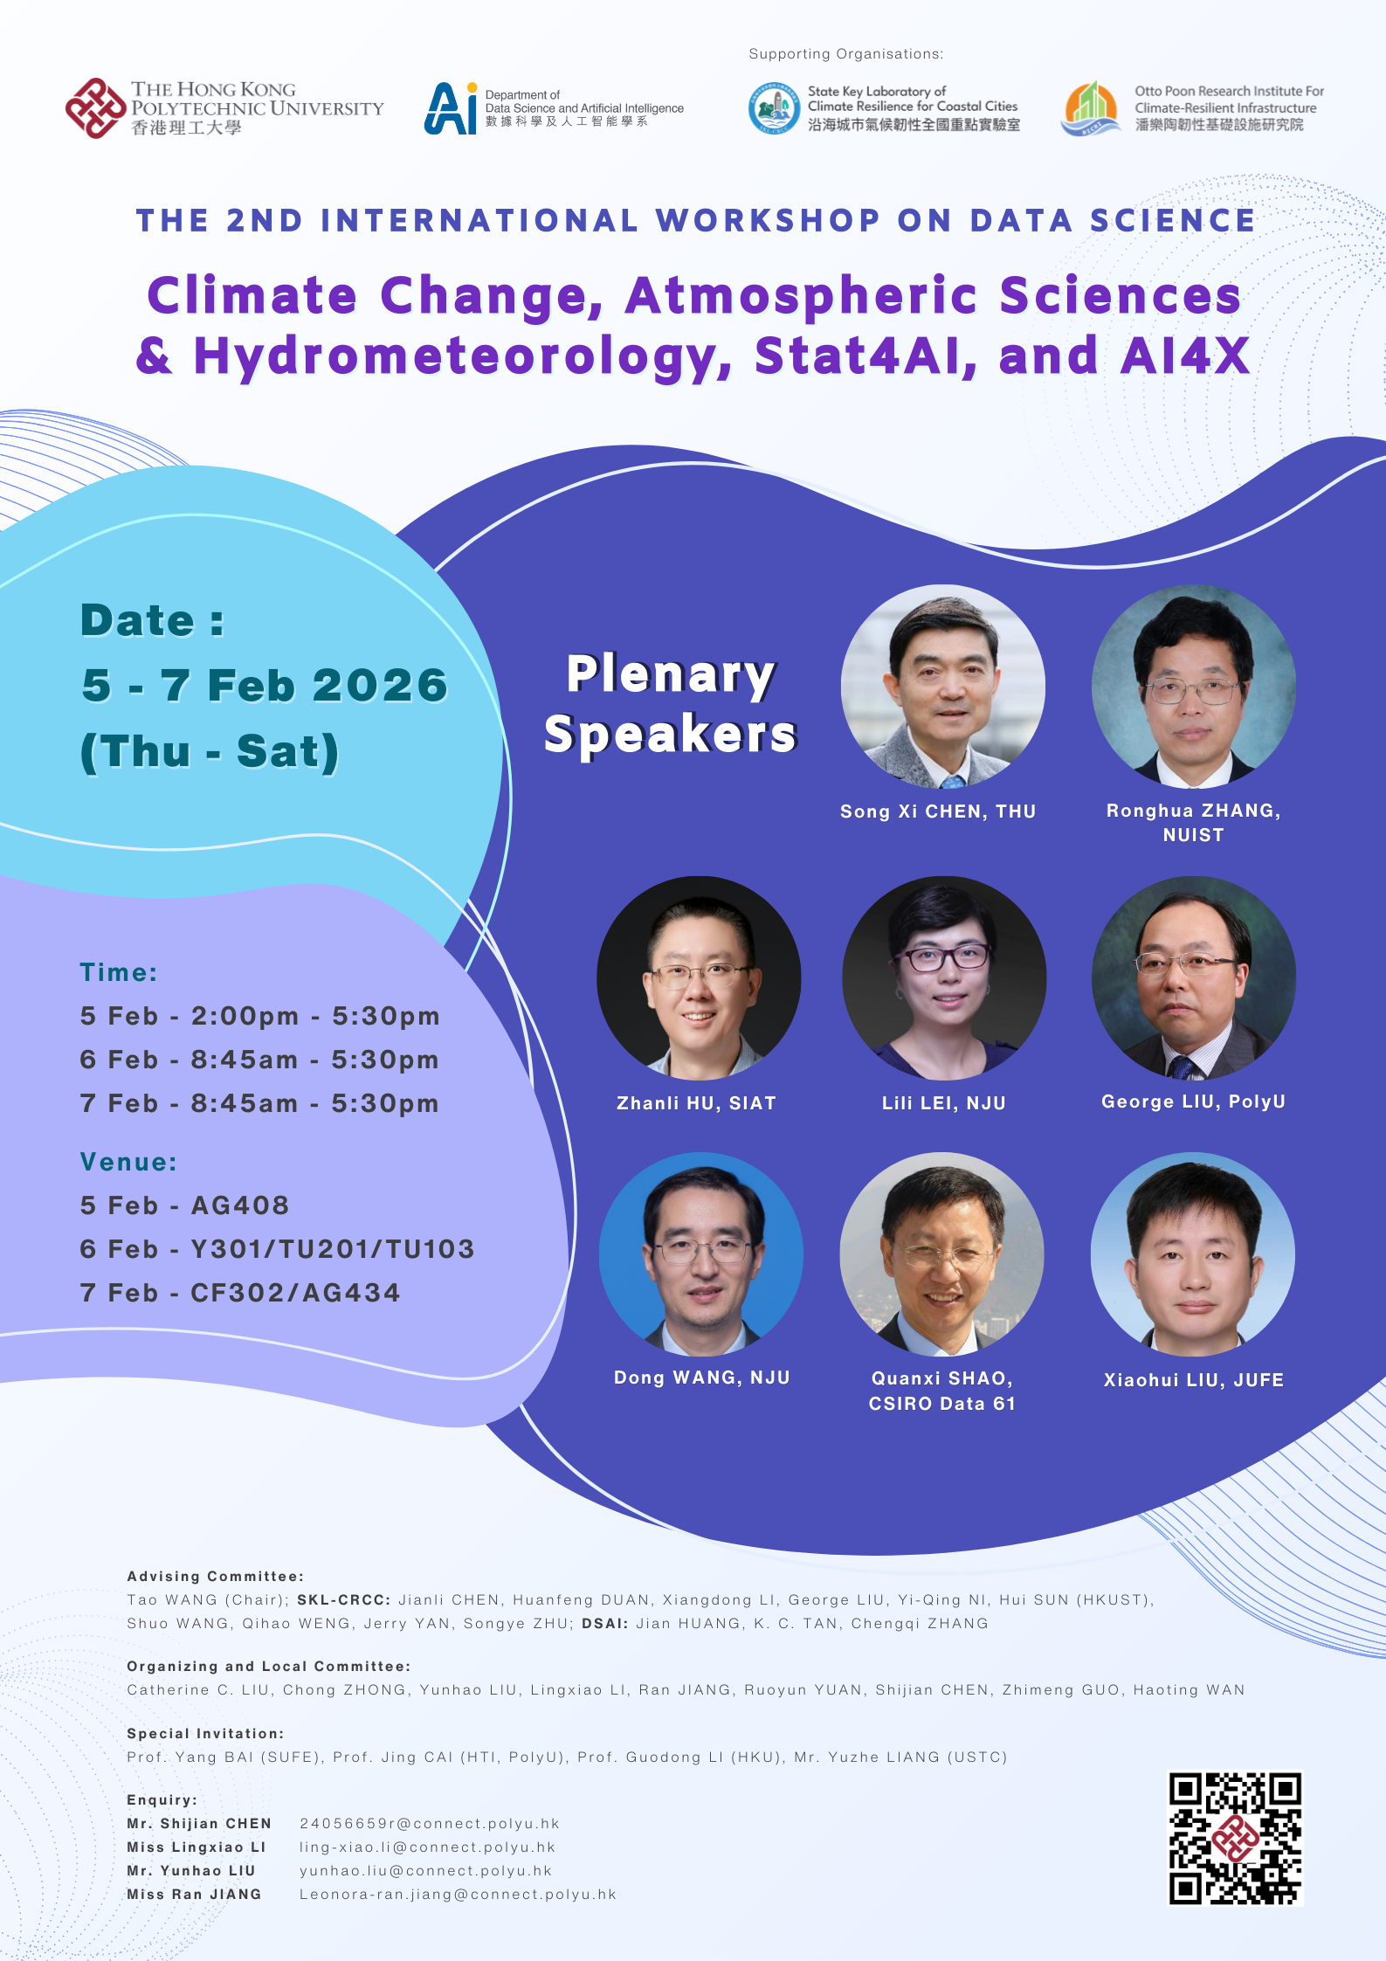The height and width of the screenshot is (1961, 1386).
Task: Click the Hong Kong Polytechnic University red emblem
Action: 95,108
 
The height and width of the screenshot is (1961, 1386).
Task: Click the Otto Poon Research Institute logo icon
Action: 1090,108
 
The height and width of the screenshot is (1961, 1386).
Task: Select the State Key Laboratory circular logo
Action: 774,108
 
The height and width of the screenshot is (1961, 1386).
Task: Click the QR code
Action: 1235,1838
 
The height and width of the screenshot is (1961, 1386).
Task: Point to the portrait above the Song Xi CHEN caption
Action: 942,687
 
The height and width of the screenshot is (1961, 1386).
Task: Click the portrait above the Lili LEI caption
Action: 943,977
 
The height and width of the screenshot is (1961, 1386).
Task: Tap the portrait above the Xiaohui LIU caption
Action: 1192,1254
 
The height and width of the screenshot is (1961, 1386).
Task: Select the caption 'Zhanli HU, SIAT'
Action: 696,1103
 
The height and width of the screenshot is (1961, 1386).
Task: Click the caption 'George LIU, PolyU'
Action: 1193,1101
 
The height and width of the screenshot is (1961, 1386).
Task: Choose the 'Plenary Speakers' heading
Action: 670,703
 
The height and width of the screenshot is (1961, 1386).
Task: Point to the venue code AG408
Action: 240,1205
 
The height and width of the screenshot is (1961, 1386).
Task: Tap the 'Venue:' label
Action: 128,1162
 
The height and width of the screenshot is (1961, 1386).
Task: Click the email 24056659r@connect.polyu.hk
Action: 429,1824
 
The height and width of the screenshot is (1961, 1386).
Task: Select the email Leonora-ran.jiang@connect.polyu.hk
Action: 458,1895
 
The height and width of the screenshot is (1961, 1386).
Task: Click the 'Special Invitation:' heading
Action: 205,1733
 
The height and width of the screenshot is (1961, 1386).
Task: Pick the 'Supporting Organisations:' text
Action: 845,54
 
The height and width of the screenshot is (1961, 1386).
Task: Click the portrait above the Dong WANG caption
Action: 700,1254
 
